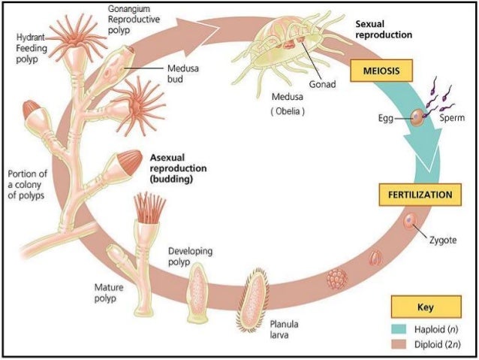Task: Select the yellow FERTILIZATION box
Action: pos(420,195)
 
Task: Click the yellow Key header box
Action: pos(426,307)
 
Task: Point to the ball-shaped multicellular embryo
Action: pos(336,280)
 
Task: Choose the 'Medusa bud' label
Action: pos(182,71)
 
